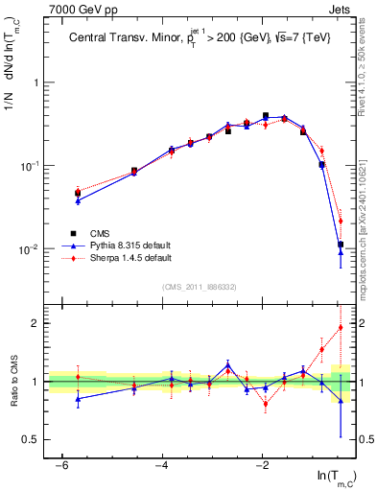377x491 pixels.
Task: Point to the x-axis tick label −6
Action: (x=61, y=465)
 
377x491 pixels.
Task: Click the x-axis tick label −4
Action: (x=162, y=465)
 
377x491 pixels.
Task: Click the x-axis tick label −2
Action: (x=263, y=465)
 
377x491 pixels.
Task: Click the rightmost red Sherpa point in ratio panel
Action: (x=341, y=327)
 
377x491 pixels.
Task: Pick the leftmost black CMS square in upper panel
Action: (x=78, y=194)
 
